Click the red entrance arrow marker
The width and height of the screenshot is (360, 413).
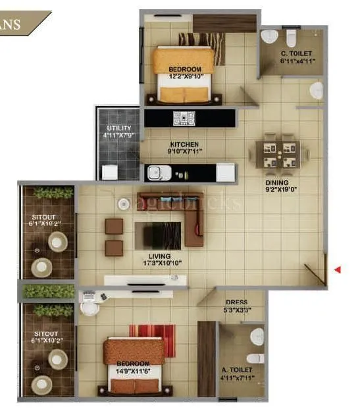pos(338,269)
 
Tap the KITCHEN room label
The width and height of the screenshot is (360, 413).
pos(184,144)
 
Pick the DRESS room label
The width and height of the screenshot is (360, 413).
pos(236,302)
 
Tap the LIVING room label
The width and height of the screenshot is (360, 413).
pos(160,256)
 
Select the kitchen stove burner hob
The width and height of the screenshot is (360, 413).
pos(182,119)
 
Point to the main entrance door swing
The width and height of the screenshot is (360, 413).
pos(317,270)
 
